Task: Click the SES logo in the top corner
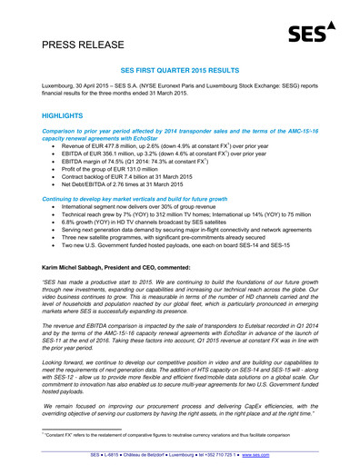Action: click(307, 35)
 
